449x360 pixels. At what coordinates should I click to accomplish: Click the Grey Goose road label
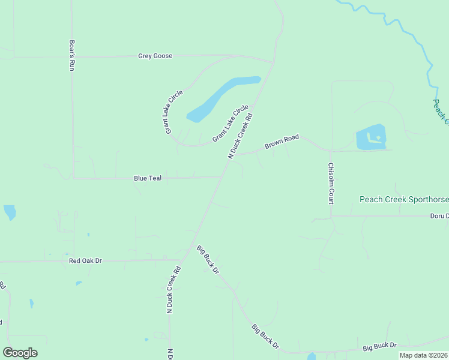[x=155, y=56]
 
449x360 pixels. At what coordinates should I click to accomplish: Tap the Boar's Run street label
[x=71, y=55]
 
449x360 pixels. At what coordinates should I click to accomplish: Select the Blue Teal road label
[x=148, y=178]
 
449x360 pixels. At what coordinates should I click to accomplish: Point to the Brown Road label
[x=282, y=142]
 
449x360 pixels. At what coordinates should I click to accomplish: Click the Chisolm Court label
[x=330, y=183]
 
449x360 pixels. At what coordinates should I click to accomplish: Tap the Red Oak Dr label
[x=86, y=261]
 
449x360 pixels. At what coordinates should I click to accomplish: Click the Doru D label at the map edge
[x=439, y=216]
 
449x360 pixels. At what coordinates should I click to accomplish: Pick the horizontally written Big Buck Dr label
[x=379, y=346]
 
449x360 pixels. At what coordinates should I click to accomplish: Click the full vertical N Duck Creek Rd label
[x=173, y=290]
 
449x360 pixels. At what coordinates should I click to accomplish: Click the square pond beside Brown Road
[x=371, y=137]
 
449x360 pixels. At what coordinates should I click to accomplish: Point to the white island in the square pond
[x=378, y=138]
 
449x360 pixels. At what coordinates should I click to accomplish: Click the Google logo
[x=20, y=353]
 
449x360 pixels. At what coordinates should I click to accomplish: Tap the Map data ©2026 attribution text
[x=423, y=355]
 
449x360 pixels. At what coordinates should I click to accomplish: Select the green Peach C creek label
[x=441, y=112]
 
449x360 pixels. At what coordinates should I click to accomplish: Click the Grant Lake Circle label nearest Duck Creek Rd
[x=231, y=123]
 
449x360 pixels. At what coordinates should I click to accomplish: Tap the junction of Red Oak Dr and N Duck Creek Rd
[x=182, y=260]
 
